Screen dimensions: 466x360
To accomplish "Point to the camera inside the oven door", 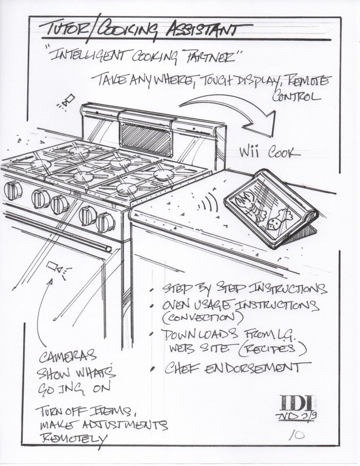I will (55, 267).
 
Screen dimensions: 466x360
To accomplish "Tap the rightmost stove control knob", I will (106, 222).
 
